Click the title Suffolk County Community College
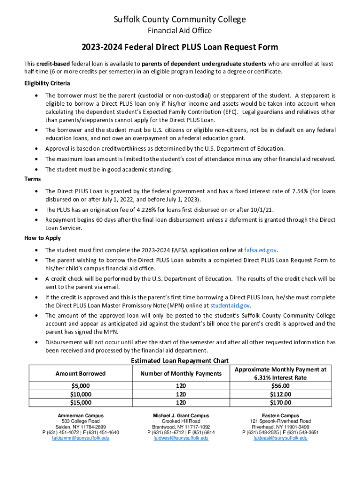tap(180, 20)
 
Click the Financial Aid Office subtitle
tap(180, 31)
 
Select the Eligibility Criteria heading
tap(47, 83)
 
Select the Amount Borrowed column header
tap(80, 373)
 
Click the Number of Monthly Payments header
tap(181, 373)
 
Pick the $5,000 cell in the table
tap(80, 386)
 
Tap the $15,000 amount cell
tap(80, 402)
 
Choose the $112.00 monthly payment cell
tap(281, 394)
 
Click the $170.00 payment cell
tap(281, 402)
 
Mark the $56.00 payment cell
tap(281, 386)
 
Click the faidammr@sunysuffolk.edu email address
tap(80, 438)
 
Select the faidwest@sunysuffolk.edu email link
tap(181, 438)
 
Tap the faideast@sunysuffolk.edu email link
tap(281, 438)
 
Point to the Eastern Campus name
tap(281, 415)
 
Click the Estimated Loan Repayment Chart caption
tap(180, 361)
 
